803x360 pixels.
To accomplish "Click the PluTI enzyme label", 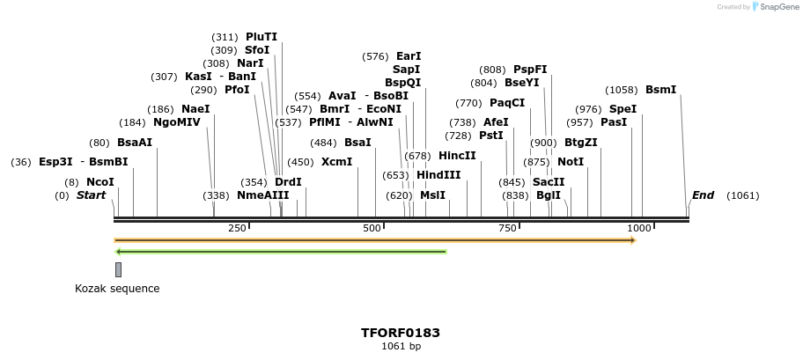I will click(x=262, y=37).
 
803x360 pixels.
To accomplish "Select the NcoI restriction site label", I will click(x=100, y=181).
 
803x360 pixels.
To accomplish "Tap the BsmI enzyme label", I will click(x=661, y=90).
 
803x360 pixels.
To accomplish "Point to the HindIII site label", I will click(x=438, y=175).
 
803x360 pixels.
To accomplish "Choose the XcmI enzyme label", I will click(x=336, y=162).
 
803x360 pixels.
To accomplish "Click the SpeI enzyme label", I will click(x=623, y=109).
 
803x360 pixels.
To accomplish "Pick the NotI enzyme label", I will click(x=571, y=162).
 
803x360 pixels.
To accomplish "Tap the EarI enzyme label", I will click(x=409, y=56).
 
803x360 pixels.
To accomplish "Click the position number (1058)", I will click(x=623, y=90).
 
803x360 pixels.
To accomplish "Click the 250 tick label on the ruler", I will click(x=237, y=229).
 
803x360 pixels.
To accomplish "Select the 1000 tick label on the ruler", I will click(x=637, y=229).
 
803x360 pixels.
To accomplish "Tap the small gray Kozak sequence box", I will click(x=118, y=269).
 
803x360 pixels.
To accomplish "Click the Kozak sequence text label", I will click(x=117, y=288).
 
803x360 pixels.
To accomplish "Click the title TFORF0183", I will click(x=401, y=333).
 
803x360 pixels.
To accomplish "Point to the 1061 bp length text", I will click(x=401, y=347).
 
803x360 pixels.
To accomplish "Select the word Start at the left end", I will click(x=91, y=195).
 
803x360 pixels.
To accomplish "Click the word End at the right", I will click(x=704, y=195).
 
